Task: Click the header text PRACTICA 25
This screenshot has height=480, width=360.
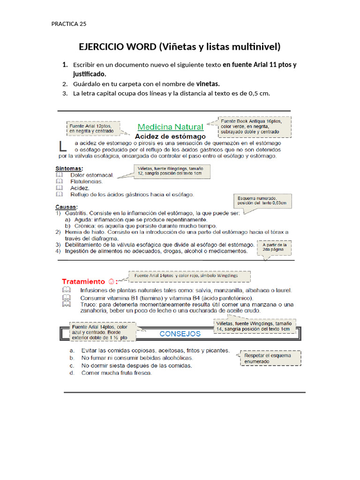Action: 69,24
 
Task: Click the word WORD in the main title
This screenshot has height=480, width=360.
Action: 140,46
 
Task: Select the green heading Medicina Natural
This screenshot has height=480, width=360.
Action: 171,127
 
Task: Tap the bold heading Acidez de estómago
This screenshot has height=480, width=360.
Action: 171,136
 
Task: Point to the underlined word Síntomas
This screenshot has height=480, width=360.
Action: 69,168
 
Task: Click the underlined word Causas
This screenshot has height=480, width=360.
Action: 67,207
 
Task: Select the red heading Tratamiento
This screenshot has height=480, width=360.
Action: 83,282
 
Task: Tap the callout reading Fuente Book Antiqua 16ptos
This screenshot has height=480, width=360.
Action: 255,126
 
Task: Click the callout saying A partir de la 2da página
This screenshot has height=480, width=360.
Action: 275,247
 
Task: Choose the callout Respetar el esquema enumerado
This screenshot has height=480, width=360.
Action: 270,358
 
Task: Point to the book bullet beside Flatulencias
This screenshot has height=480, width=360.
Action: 59,181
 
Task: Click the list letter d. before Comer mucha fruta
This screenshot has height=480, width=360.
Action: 71,373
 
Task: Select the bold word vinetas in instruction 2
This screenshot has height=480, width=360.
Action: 208,84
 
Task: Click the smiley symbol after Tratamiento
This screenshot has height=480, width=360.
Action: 111,282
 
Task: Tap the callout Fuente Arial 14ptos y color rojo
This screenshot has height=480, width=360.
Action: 189,276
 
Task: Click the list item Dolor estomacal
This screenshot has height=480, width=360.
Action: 92,175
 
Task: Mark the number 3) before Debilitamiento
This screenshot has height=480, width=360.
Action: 59,245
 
